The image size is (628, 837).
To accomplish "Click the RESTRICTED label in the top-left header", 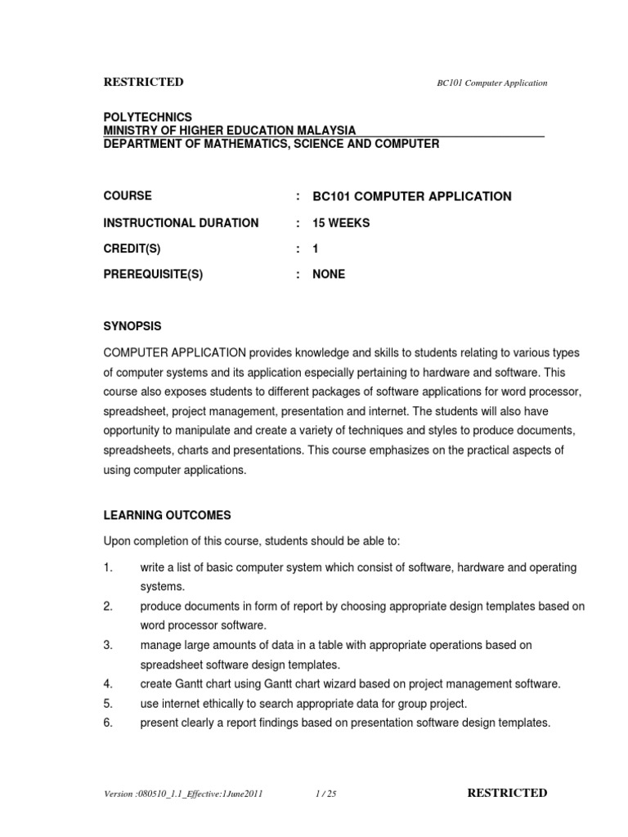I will pos(143,82).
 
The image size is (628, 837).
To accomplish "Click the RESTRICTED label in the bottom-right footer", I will pos(507,793).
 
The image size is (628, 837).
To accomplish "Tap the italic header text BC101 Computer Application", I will pos(488,83).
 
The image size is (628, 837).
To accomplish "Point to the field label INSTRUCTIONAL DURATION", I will pos(181,222).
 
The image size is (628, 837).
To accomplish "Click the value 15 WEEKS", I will pos(341,222).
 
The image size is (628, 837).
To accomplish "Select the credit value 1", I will pos(316,248).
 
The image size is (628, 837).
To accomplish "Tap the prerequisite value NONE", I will pos(329,275).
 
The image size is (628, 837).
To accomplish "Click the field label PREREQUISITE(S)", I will pos(153,275).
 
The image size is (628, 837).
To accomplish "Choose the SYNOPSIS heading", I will pos(132,326).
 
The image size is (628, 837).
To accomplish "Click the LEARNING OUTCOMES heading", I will pos(167,515).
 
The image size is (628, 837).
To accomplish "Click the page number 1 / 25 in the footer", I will pos(325,794).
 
